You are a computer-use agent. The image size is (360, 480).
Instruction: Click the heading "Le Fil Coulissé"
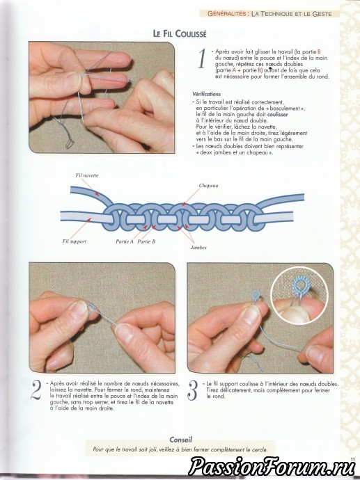pyautogui.click(x=180, y=33)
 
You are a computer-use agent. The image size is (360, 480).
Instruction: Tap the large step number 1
pyautogui.click(x=202, y=59)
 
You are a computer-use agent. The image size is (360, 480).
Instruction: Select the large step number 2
pyautogui.click(x=36, y=390)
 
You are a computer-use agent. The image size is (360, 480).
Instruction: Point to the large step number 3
pyautogui.click(x=192, y=390)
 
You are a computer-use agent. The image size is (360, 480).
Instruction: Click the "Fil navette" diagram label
pyautogui.click(x=87, y=175)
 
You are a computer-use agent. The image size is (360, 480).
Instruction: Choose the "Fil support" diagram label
pyautogui.click(x=74, y=241)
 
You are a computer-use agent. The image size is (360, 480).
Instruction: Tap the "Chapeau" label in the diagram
pyautogui.click(x=208, y=186)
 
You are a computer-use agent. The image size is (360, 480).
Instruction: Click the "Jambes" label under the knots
pyautogui.click(x=198, y=248)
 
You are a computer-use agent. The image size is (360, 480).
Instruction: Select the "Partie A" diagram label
pyautogui.click(x=125, y=241)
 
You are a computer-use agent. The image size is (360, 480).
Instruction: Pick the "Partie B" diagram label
pyautogui.click(x=146, y=241)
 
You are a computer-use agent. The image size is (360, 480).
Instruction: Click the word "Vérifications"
pyautogui.click(x=207, y=94)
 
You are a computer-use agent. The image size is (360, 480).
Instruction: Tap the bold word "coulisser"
pyautogui.click(x=278, y=115)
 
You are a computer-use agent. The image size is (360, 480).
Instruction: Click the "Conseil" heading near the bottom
pyautogui.click(x=181, y=440)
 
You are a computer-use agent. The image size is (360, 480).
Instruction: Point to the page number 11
pyautogui.click(x=352, y=459)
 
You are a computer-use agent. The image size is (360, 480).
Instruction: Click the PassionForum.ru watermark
pyautogui.click(x=272, y=467)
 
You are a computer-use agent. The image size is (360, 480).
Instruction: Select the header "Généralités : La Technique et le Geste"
pyautogui.click(x=269, y=14)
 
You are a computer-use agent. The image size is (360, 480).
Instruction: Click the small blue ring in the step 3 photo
pyautogui.click(x=256, y=295)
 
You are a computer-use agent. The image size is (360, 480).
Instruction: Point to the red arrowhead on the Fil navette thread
pyautogui.click(x=97, y=194)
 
